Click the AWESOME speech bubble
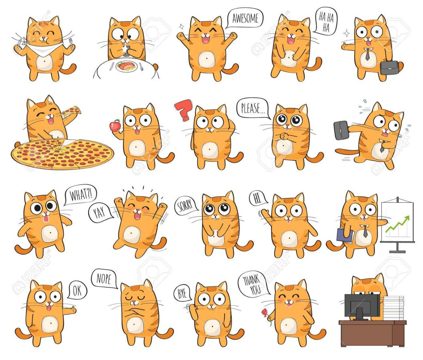pyautogui.click(x=245, y=18)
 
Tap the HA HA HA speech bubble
pyautogui.click(x=326, y=21)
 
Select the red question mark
pyautogui.click(x=184, y=110)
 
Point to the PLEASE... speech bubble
pyautogui.click(x=253, y=108)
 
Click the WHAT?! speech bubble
pyautogui.click(x=80, y=195)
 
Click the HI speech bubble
pyautogui.click(x=258, y=198)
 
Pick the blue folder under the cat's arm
pyautogui.click(x=345, y=236)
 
